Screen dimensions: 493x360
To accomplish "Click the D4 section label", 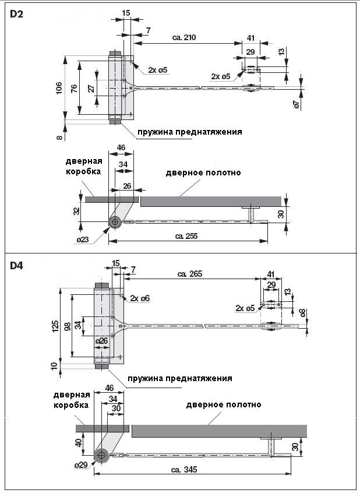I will coord(17,266).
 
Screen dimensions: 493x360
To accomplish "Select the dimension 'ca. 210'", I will coord(184,38).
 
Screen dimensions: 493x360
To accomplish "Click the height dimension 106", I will coord(58,88).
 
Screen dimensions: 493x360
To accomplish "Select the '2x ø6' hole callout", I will coord(140,298).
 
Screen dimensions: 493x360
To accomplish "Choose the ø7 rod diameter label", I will coord(296,104).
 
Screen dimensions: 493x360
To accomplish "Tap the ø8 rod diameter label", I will coord(302,313).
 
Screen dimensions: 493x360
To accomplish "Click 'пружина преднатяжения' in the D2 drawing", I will coord(189,132).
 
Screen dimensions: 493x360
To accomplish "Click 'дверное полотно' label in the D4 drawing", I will coord(223,404).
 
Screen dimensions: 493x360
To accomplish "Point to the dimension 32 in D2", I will coord(77,210).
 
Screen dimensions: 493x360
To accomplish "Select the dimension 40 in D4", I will coord(77,443).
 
